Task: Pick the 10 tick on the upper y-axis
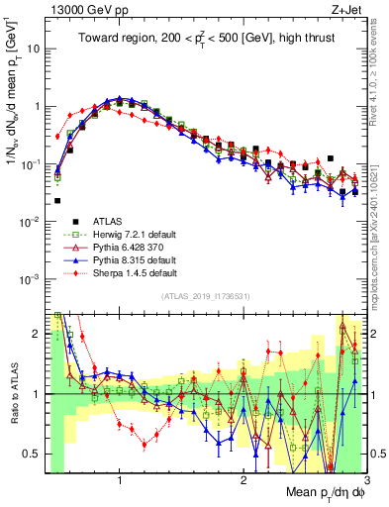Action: pyautogui.click(x=33, y=48)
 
